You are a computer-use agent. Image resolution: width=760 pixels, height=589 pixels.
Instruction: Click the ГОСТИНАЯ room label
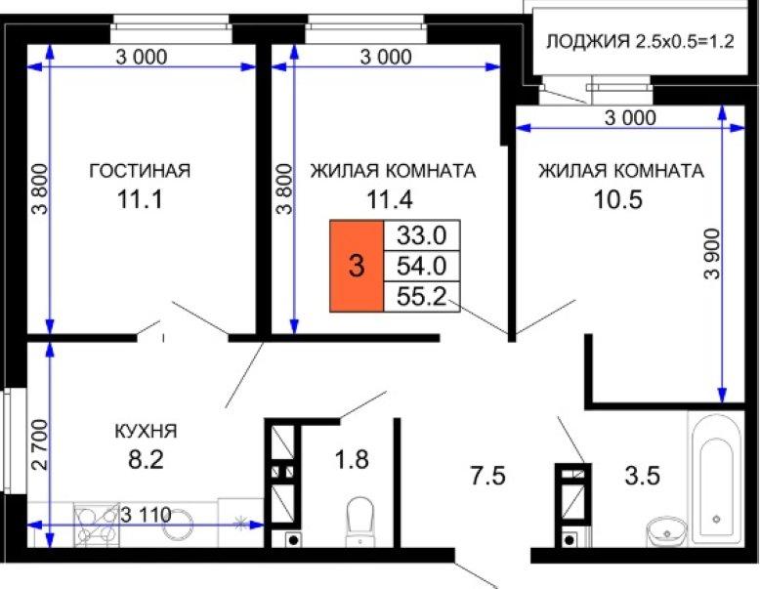coord(140,171)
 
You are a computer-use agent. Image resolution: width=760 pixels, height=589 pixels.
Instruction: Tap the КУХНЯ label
coord(146,431)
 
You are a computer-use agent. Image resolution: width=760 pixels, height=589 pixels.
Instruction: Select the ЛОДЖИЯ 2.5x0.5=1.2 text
coord(640,42)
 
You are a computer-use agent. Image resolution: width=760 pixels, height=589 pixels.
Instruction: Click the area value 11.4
coord(390,199)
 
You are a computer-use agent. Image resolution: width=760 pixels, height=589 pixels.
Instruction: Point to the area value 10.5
coord(618,199)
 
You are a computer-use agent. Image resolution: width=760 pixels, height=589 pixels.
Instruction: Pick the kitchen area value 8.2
coord(146,459)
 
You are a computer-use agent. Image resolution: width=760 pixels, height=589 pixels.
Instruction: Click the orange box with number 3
coord(357,266)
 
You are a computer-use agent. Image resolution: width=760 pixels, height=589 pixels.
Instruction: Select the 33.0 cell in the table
coord(422,235)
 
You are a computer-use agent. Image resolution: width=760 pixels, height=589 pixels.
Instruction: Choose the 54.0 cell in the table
coord(422,266)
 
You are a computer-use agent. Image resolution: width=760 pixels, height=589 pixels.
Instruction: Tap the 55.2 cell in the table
coord(422,296)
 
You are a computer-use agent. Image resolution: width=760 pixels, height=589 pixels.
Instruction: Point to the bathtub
coord(716,479)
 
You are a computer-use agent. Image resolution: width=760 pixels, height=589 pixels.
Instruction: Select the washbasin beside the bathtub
coord(667,531)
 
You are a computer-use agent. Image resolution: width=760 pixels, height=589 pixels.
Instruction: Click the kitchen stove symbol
coord(97,525)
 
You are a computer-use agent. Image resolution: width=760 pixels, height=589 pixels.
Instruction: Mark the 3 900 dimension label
coord(713,254)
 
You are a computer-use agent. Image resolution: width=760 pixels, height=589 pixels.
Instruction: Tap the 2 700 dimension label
coord(41,444)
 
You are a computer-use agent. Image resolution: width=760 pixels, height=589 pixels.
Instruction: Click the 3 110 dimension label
coord(146,515)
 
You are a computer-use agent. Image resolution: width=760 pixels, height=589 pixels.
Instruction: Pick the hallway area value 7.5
coord(487,476)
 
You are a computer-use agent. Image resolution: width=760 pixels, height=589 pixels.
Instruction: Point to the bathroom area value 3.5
coord(642,476)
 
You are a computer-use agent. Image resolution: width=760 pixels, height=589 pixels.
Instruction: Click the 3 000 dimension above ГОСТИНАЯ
coord(142,58)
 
